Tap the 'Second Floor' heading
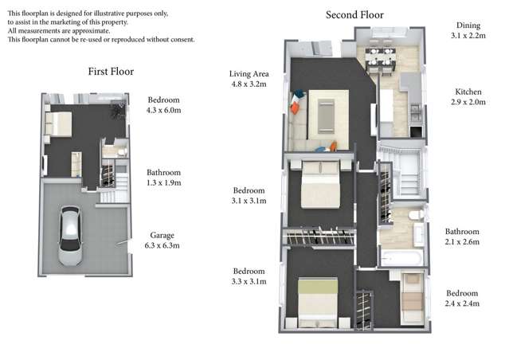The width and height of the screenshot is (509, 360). click(x=354, y=14)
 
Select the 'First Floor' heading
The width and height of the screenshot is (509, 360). click(x=110, y=72)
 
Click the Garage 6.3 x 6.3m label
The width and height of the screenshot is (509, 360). click(x=164, y=241)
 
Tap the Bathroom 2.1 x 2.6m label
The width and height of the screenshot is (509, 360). click(x=462, y=237)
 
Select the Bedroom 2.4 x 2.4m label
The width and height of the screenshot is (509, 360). click(x=462, y=298)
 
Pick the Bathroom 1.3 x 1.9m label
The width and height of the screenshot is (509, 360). click(x=164, y=177)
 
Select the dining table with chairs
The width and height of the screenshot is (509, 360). click(x=380, y=56)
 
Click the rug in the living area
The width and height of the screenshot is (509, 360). click(x=328, y=112)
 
